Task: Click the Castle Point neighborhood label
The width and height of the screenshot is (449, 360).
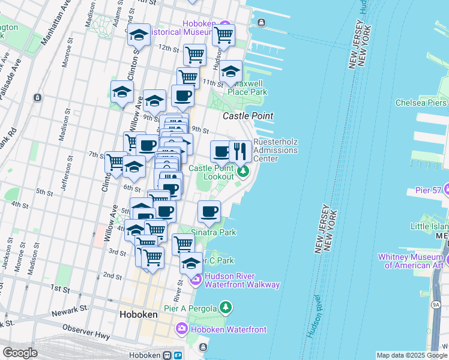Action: (x=248, y=116)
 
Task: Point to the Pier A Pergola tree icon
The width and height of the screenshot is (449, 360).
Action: (x=225, y=308)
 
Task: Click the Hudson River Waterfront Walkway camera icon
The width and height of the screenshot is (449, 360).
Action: (x=196, y=280)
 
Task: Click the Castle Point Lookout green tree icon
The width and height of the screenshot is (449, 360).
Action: (x=243, y=173)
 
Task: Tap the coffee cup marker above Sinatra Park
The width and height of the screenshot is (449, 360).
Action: (x=209, y=211)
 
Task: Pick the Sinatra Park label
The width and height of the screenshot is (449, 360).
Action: (x=213, y=232)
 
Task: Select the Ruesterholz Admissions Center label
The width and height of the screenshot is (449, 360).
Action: (x=276, y=150)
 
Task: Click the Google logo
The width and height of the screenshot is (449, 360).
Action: (x=20, y=353)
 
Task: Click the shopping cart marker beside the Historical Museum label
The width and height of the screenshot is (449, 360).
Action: (x=223, y=35)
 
